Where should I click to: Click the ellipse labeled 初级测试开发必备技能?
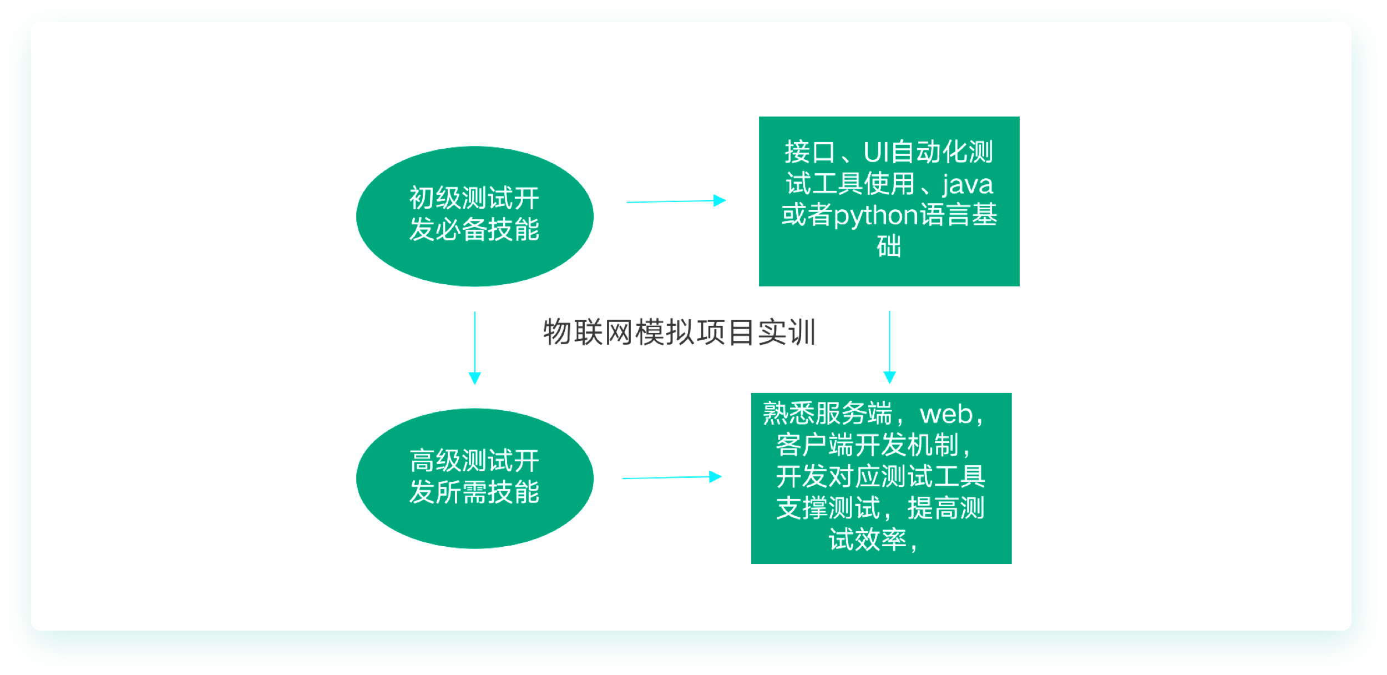point(475,216)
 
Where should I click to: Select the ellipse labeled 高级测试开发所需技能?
point(475,478)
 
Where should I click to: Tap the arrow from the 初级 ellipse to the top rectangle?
point(676,201)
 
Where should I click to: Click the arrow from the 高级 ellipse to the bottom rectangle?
point(672,477)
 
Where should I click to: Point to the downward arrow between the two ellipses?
point(475,348)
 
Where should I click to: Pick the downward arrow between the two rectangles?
point(890,347)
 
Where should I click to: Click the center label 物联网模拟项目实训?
point(680,333)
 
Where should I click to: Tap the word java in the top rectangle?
point(968,184)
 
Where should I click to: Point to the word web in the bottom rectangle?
point(946,415)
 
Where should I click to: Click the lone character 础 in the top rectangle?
point(889,246)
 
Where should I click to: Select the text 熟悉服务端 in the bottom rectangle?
point(828,414)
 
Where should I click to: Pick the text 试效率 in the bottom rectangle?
point(868,539)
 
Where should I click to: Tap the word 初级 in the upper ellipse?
point(436,198)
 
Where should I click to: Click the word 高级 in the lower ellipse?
point(436,461)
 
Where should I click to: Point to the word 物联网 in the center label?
point(588,333)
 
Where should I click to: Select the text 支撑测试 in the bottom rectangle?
point(828,508)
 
